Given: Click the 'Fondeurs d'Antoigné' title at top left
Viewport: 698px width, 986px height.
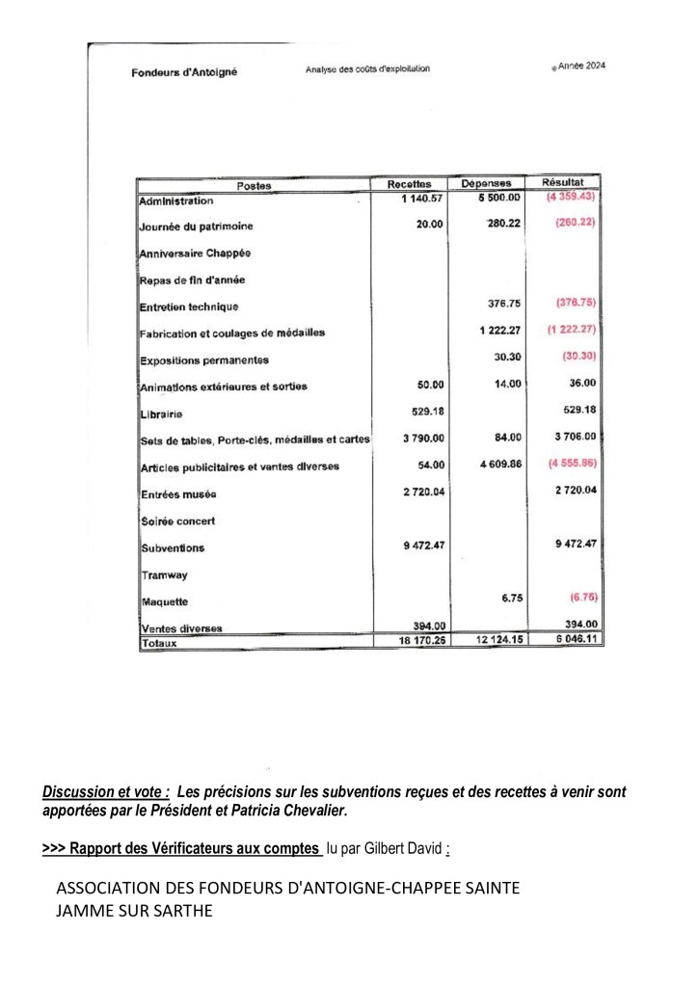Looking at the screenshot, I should click(184, 72).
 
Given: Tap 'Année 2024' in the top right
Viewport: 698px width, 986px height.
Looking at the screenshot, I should click(577, 66).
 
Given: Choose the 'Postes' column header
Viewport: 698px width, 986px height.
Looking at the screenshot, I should click(254, 186).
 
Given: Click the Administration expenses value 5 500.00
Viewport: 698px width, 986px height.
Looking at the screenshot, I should click(498, 198).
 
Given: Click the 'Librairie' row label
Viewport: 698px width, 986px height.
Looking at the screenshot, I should click(161, 414).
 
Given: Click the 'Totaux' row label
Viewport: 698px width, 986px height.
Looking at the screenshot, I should click(161, 642).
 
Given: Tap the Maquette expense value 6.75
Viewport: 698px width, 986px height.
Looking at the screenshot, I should click(512, 598).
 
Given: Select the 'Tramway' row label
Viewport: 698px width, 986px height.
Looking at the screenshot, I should click(164, 575).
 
